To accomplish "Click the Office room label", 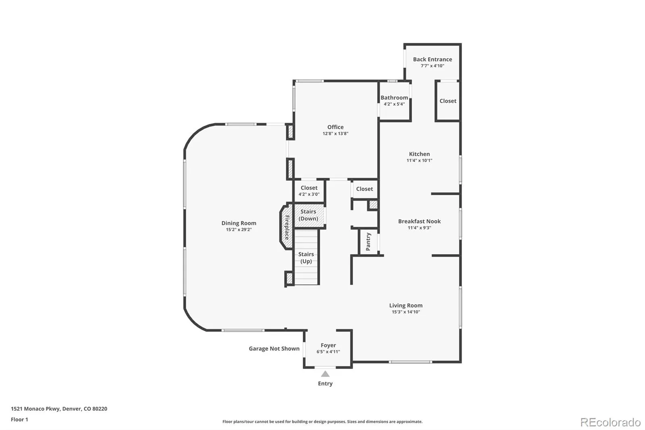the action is [x=335, y=127].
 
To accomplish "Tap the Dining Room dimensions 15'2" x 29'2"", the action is [x=239, y=230].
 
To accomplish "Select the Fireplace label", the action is [x=287, y=228].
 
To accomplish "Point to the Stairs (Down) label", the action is [x=308, y=215].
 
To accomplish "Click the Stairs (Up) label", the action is [x=306, y=258].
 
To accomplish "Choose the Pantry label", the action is [x=368, y=242].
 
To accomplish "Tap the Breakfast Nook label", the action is [x=419, y=221].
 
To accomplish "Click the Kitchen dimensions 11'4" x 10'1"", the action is [x=419, y=161].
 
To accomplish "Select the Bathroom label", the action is [x=394, y=98].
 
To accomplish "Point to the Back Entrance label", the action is [x=433, y=59].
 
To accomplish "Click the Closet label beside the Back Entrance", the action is [x=448, y=101].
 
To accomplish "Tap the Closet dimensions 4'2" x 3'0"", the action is [x=309, y=194].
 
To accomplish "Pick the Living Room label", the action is [x=406, y=305].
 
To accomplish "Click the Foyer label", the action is [x=328, y=345].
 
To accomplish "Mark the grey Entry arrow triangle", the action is [x=325, y=374].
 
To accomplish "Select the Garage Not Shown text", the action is [x=274, y=349].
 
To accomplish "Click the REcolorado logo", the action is [x=610, y=422].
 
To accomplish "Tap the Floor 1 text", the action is [x=20, y=420].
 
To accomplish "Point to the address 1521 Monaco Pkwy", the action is [x=35, y=409].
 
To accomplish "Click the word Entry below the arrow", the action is [x=325, y=384].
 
